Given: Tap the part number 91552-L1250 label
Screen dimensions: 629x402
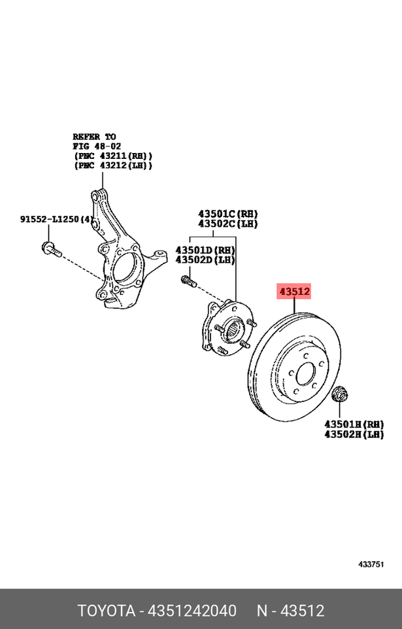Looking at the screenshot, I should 50,219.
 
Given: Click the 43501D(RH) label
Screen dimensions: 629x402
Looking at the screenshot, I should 205,250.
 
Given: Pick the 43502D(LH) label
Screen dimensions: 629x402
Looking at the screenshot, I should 205,260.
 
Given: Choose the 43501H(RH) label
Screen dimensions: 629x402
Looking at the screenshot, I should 354,424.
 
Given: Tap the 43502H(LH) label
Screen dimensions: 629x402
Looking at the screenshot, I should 354,433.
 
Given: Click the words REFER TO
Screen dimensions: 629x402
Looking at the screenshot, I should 94,137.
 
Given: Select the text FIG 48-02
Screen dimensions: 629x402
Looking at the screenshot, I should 96,146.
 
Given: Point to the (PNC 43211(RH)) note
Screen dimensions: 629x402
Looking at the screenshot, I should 112,156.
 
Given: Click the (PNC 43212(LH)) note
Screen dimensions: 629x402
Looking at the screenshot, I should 112,166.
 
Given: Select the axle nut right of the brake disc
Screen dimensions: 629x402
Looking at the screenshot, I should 339,394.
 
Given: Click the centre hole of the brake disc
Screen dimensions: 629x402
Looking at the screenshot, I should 305,375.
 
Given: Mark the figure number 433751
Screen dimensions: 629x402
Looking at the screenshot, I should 371,564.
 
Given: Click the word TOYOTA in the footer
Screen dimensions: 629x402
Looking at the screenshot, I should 106,611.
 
